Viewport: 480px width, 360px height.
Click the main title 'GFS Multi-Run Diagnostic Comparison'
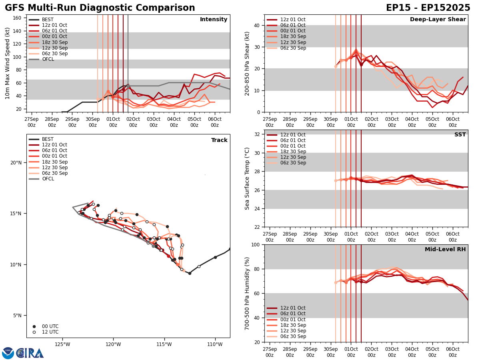tap(100, 8)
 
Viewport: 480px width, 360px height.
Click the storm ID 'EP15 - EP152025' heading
tap(428, 8)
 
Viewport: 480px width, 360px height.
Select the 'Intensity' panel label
tap(214, 20)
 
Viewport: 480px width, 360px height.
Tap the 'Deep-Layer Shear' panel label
tap(438, 20)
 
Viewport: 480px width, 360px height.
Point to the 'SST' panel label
tap(460, 135)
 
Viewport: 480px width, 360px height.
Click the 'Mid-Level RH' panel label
tap(445, 250)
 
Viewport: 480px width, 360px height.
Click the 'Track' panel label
tap(219, 140)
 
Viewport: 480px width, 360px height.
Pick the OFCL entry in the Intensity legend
tap(48, 59)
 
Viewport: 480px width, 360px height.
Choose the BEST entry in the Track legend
tap(48, 139)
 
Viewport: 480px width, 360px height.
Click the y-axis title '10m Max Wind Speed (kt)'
tap(8, 63)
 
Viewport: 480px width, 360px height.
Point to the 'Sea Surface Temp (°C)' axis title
tap(247, 178)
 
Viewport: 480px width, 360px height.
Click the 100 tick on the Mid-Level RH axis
tap(254, 244)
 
